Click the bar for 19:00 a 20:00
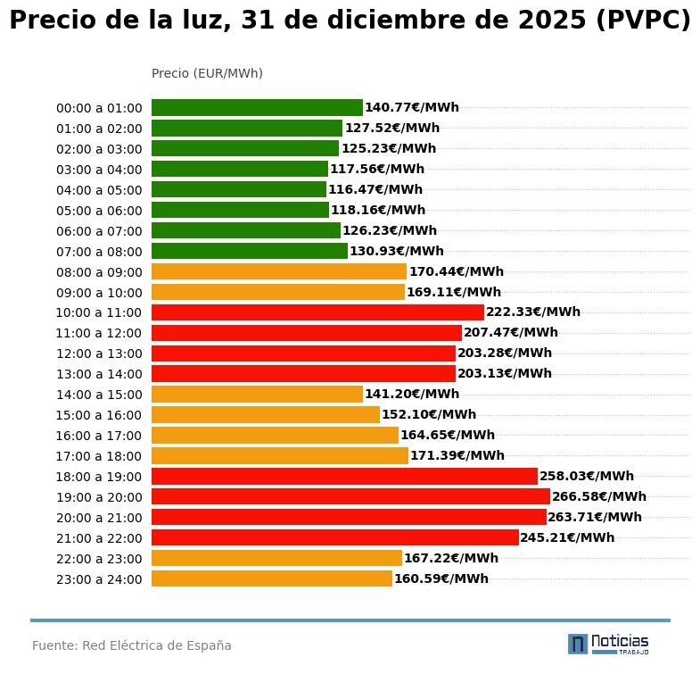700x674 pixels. pyautogui.click(x=350, y=496)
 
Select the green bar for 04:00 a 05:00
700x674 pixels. pyautogui.click(x=239, y=189)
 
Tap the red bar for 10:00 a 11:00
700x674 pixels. pyautogui.click(x=317, y=312)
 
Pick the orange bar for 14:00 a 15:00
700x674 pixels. pyautogui.click(x=257, y=394)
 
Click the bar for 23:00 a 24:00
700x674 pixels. pyautogui.click(x=272, y=578)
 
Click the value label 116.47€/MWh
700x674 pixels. pyautogui.click(x=375, y=189)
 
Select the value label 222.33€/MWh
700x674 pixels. pyautogui.click(x=533, y=312)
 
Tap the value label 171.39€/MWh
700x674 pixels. pyautogui.click(x=457, y=455)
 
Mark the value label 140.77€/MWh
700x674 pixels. pyautogui.click(x=412, y=107)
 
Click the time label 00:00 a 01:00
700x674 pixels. pyautogui.click(x=99, y=108)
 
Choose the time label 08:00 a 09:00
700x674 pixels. pyautogui.click(x=99, y=272)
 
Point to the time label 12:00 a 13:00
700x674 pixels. pyautogui.click(x=99, y=354)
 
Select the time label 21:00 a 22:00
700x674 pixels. pyautogui.click(x=99, y=538)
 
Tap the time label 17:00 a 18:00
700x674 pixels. pyautogui.click(x=99, y=456)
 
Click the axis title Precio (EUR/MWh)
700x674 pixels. pyautogui.click(x=207, y=73)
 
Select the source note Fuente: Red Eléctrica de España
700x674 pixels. pyautogui.click(x=132, y=645)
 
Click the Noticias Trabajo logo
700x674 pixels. pyautogui.click(x=608, y=644)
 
